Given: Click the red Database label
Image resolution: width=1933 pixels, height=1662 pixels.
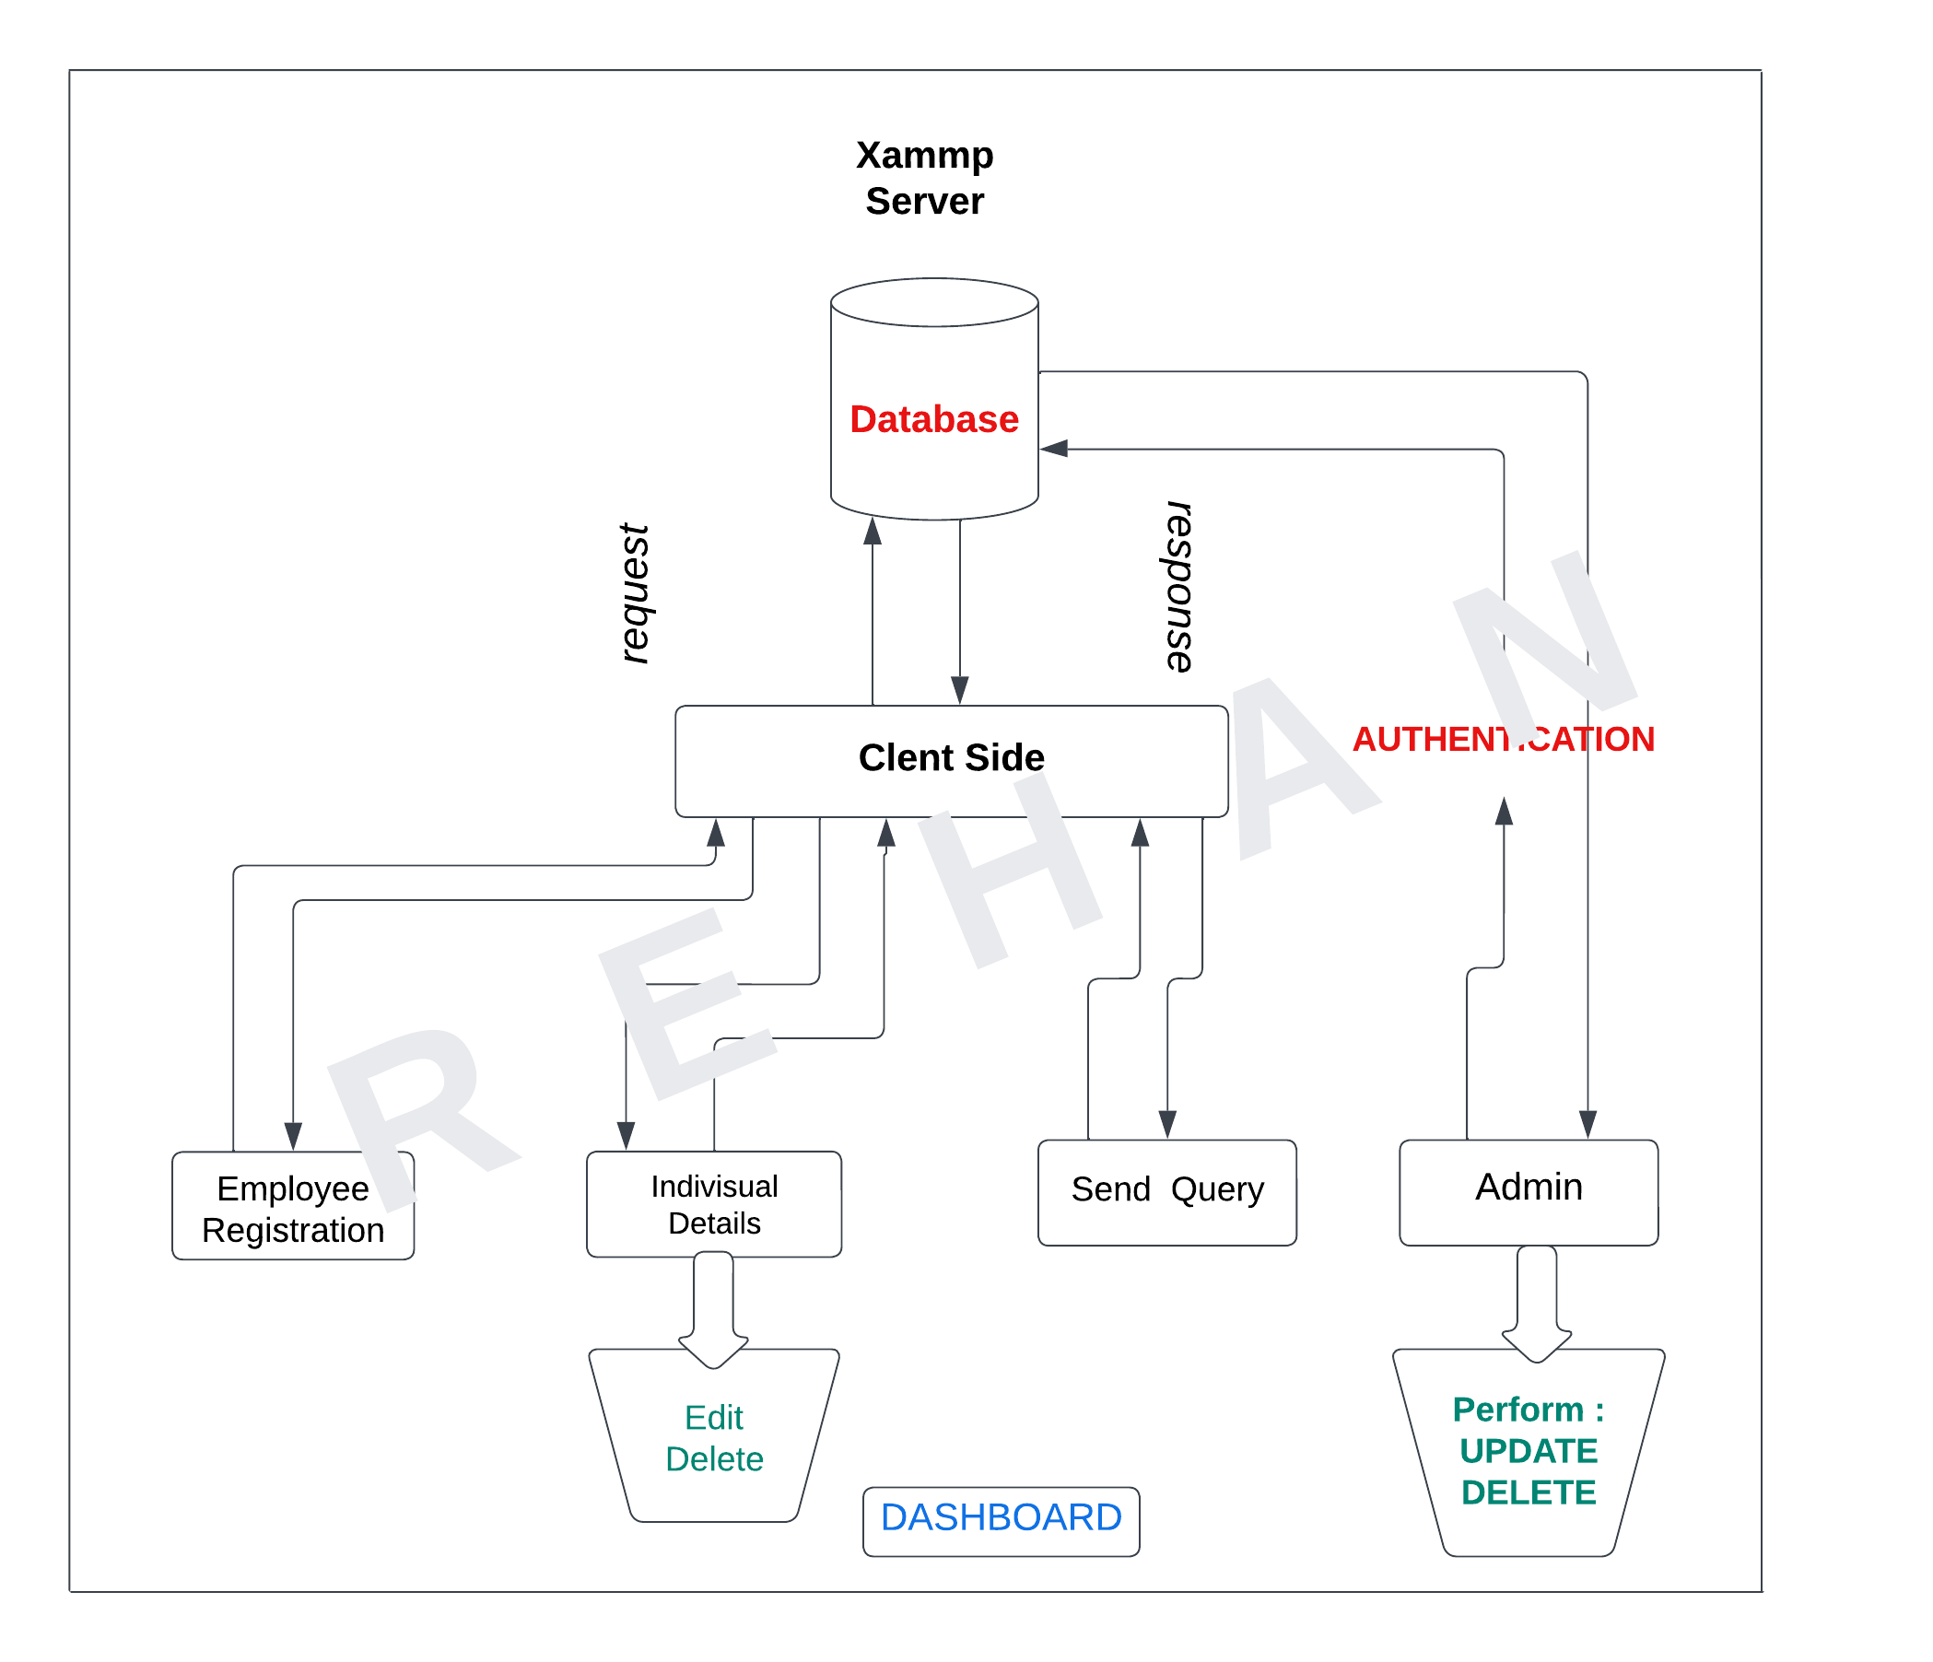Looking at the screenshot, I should (x=934, y=420).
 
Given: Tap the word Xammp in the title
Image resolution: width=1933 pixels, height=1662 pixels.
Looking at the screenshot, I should (x=924, y=155).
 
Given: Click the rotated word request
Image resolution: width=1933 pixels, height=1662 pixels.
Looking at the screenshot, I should (x=636, y=594).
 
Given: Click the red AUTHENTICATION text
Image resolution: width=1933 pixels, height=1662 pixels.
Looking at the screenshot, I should (x=1503, y=740).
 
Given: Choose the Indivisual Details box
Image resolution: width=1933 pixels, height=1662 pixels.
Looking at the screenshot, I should (x=714, y=1205).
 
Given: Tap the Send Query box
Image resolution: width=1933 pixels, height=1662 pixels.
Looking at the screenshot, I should (x=1167, y=1191).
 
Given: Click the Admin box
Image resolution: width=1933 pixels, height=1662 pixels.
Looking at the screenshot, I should (x=1529, y=1191).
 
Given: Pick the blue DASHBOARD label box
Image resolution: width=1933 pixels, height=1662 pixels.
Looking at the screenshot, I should (x=1001, y=1519).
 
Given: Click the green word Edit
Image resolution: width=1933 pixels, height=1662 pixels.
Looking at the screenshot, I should (x=714, y=1419).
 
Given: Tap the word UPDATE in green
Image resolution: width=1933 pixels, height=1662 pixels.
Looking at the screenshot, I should (x=1529, y=1452).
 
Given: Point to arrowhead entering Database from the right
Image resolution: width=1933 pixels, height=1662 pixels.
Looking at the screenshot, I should (x=1054, y=450).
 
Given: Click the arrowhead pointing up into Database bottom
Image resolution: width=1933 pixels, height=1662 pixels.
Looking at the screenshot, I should (x=873, y=532).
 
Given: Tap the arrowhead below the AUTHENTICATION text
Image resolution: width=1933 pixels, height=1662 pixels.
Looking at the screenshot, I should (x=1504, y=813).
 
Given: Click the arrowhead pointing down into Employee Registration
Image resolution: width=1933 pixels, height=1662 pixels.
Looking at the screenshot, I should (x=293, y=1136).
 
